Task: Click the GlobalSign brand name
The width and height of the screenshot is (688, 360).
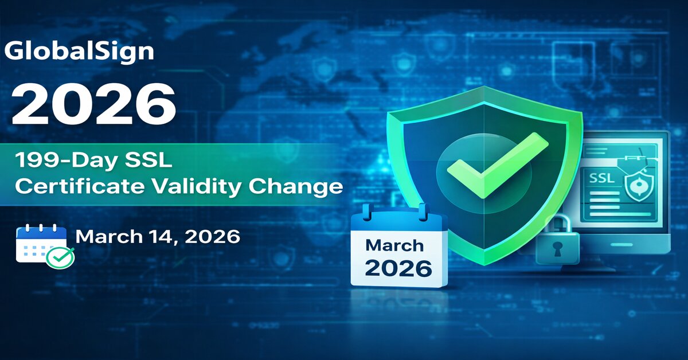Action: pyautogui.click(x=79, y=51)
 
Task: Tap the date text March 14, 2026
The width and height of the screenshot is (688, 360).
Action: pyautogui.click(x=158, y=236)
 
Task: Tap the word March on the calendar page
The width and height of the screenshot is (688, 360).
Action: pyautogui.click(x=394, y=246)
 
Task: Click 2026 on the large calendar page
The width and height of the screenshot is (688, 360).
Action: pyautogui.click(x=398, y=268)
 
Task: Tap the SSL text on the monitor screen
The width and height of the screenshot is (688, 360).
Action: pyautogui.click(x=602, y=179)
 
